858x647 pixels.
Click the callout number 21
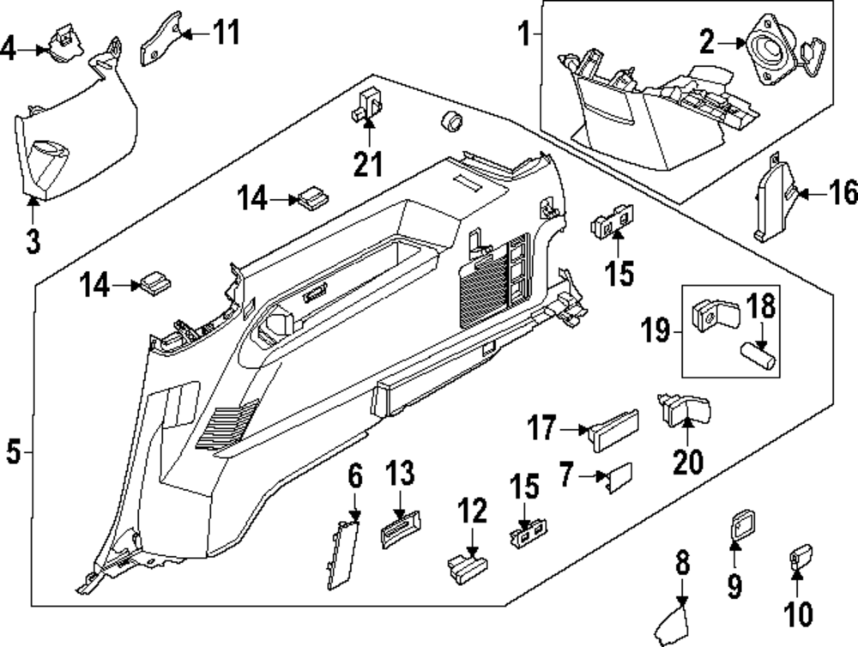368,162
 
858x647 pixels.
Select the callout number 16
844,194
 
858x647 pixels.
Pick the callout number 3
33,241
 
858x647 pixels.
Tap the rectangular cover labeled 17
613,426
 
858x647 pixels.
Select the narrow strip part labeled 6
341,553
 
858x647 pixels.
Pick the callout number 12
471,514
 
